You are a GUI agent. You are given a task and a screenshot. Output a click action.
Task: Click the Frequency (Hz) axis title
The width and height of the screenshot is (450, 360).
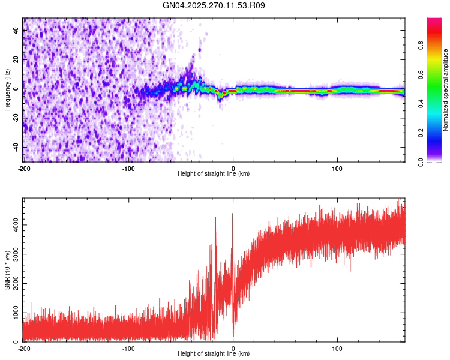pos(7,89)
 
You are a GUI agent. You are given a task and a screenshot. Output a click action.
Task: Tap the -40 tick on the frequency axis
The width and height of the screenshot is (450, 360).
pos(16,148)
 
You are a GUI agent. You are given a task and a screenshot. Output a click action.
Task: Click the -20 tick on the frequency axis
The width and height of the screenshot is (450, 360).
pos(16,118)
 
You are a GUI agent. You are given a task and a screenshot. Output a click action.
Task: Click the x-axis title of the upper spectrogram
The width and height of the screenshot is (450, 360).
pos(214,174)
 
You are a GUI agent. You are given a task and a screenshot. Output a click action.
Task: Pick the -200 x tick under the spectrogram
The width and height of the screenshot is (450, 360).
pos(24,168)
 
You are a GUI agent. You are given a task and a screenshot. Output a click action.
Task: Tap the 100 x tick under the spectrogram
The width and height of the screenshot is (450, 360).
pos(337,168)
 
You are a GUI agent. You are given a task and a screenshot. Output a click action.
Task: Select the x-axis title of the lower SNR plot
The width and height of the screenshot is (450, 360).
pos(214,354)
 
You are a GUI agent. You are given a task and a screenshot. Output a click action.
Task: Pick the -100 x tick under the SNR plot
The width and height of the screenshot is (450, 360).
pos(128,348)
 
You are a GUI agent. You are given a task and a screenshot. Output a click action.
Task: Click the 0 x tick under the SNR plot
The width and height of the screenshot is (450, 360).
pos(233,348)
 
